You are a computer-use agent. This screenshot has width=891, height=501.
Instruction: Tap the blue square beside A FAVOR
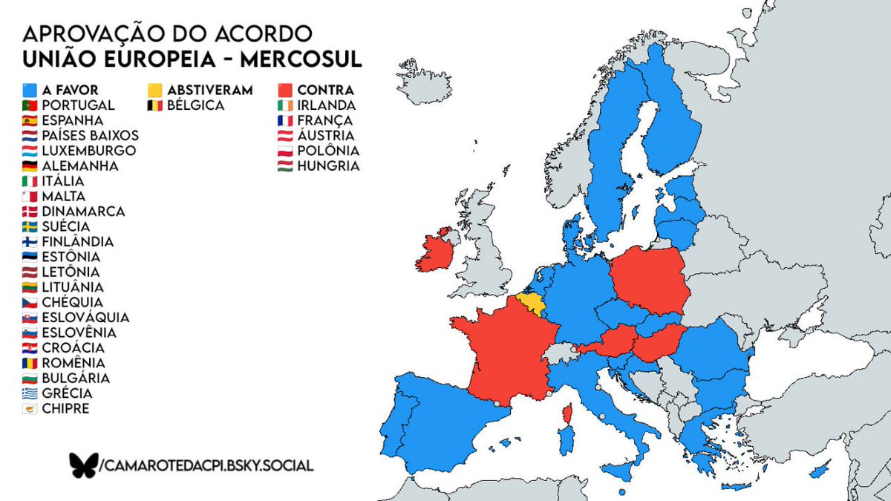pos(30,90)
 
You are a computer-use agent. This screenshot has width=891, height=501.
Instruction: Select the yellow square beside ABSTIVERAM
pos(154,90)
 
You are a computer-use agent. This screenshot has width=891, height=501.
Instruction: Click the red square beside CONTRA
pos(284,90)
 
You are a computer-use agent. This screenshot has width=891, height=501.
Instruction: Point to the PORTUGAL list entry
pos(78,105)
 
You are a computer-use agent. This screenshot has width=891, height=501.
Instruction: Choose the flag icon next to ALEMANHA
pos(30,166)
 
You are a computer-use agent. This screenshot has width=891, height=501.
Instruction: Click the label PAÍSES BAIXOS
pos(90,136)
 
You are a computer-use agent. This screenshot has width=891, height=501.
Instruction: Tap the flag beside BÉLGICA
pos(154,105)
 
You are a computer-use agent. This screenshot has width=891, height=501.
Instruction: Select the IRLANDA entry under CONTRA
pos(326,105)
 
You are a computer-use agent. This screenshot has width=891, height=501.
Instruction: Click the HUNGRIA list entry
pos(328,166)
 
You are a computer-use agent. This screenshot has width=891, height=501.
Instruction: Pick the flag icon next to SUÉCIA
pos(30,226)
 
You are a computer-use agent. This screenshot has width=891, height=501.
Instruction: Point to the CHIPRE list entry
pos(65,408)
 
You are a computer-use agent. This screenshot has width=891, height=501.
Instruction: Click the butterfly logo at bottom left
pos(83,465)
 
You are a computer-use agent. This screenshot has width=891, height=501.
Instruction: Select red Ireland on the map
pos(437,253)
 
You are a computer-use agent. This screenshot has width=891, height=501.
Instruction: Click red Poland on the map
pos(647,279)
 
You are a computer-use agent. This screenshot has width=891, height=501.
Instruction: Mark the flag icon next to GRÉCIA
pos(30,393)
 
